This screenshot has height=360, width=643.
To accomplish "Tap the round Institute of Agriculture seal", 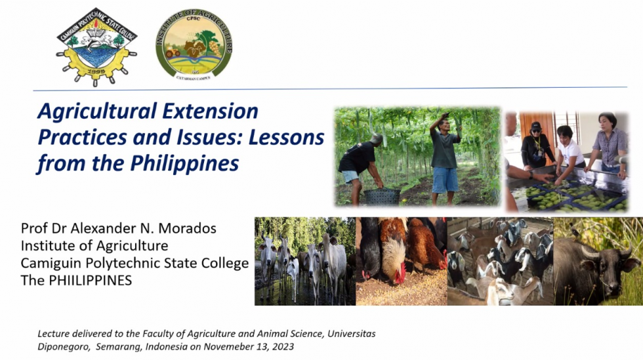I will [194, 45].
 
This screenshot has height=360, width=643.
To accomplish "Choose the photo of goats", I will [500, 262].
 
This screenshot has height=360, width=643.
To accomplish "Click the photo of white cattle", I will [305, 262].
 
